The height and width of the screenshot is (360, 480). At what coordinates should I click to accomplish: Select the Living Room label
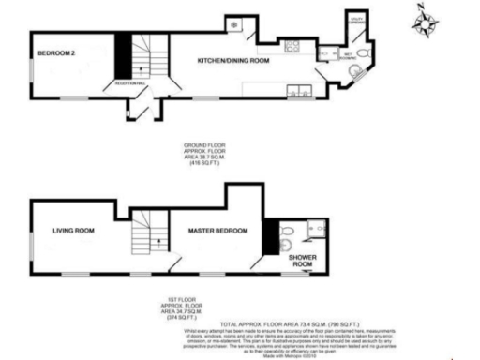(x=73, y=230)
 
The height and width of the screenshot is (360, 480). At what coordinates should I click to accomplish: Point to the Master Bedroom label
(x=217, y=230)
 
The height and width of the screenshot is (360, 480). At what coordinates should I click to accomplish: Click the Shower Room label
(x=300, y=260)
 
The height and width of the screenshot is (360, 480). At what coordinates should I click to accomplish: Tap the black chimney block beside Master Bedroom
(x=270, y=235)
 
